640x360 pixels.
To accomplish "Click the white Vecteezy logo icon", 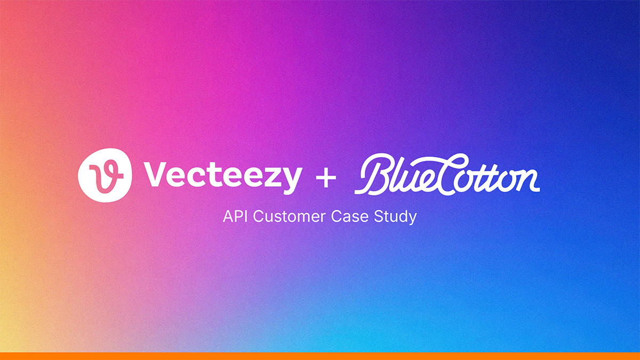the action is pos(105,175).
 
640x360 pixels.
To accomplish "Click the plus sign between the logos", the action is pos(326,178).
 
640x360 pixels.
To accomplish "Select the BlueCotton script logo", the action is pos(447,174).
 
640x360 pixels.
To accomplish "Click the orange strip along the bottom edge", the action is pos(320,356).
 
